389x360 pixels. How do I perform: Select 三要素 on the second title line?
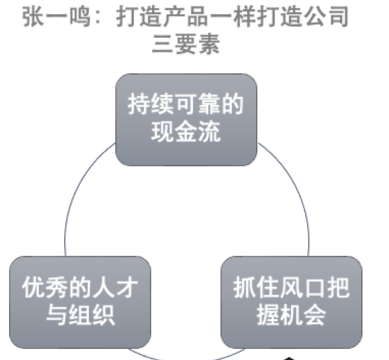tap(186, 45)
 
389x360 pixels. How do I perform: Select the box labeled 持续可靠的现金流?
tap(186, 119)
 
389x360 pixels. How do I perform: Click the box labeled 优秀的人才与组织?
tap(80, 302)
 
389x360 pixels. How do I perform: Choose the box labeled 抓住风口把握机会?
tap(291, 302)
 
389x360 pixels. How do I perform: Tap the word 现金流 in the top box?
tap(186, 133)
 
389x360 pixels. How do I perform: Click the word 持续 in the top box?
tap(150, 106)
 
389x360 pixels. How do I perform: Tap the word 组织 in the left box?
tap(92, 315)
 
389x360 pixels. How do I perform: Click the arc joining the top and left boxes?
tap(77, 194)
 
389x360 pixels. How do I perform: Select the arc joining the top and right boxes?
tap(296, 194)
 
